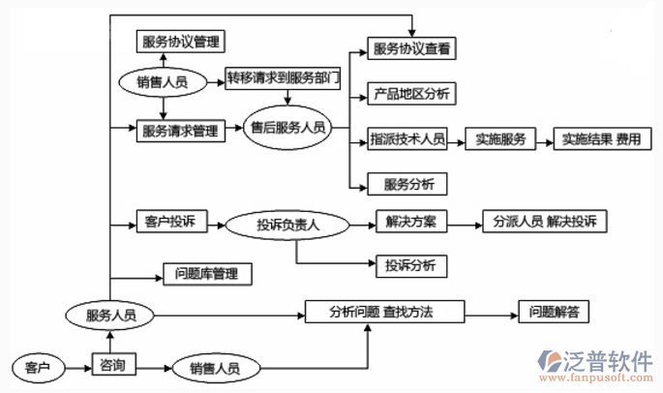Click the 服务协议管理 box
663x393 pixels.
pos(180,42)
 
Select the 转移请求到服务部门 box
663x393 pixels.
pos(283,78)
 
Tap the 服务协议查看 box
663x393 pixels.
pos(412,47)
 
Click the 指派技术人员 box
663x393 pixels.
pos(407,139)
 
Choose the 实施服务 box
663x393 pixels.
pos(499,139)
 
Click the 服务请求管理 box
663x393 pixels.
pos(180,128)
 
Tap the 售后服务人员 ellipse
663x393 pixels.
pos(288,128)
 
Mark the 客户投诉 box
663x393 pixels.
pos(166,223)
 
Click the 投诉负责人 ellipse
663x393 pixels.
pos(288,225)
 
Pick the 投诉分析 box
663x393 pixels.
pos(409,264)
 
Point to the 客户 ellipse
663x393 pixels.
pos(38,368)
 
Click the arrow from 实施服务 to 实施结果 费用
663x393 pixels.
pos(543,139)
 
